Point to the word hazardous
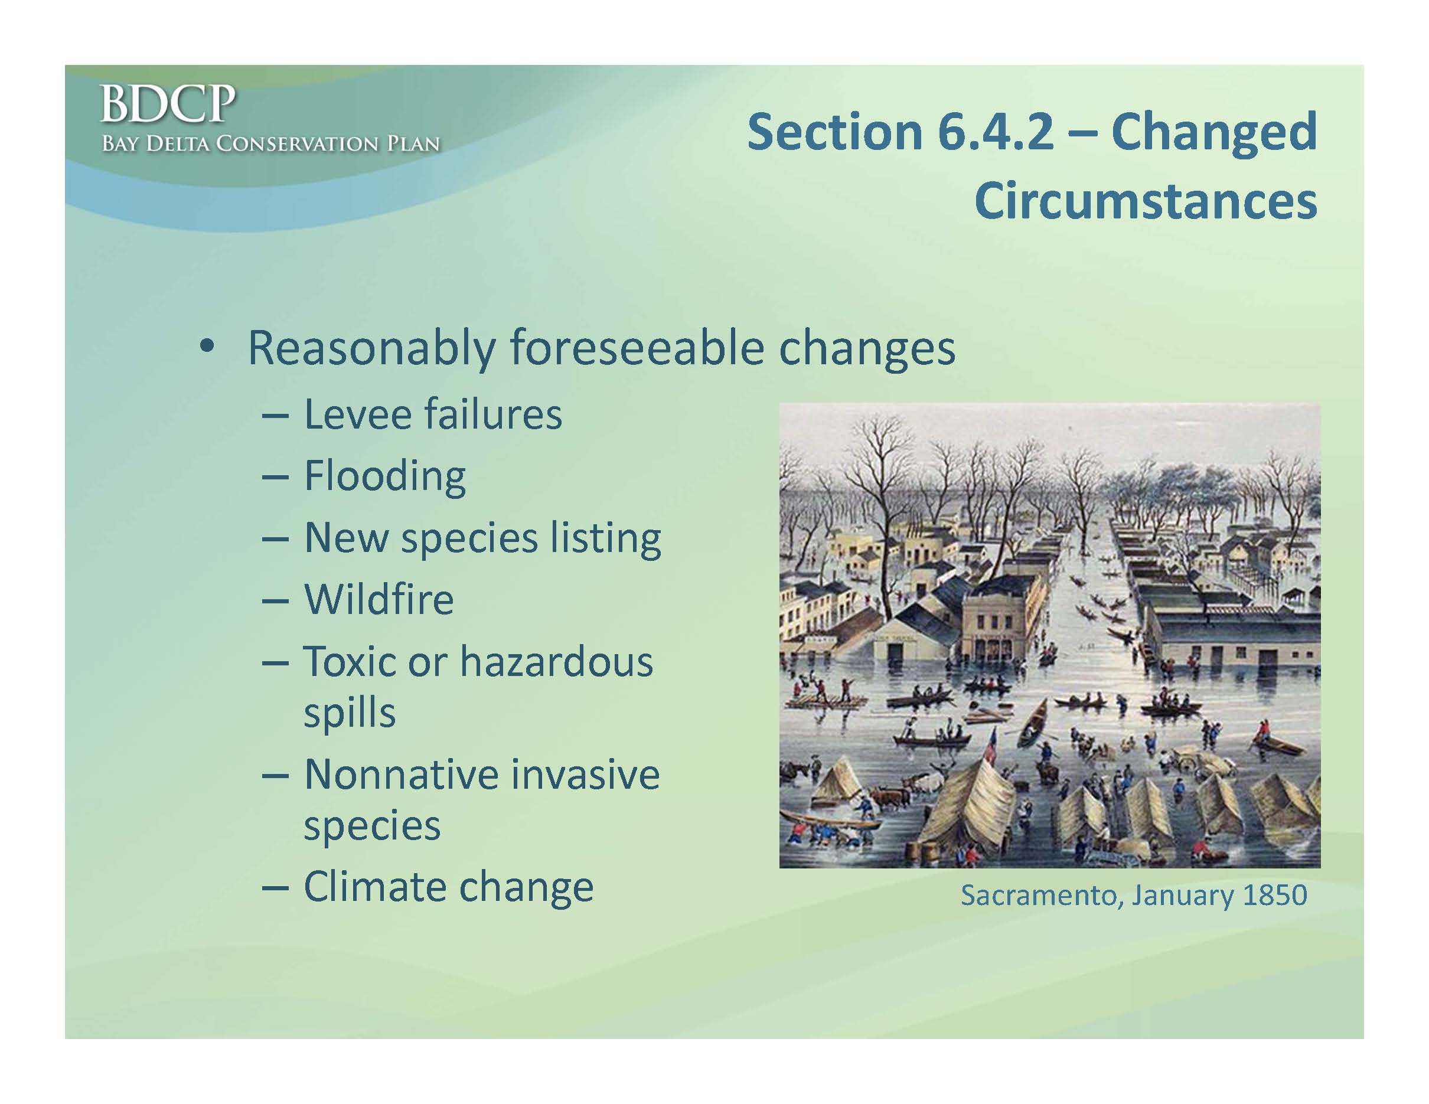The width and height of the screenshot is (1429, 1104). click(x=556, y=661)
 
